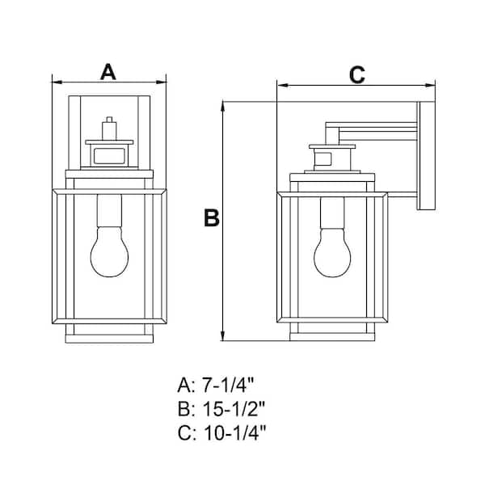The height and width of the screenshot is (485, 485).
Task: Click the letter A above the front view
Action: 108,71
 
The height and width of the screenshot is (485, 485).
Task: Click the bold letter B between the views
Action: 212,218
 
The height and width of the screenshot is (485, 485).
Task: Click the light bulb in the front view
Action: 109,250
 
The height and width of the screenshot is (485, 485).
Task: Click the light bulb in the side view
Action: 331,250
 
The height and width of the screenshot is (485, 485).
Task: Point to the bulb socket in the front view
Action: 109,212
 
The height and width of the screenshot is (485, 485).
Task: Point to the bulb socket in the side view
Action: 331,212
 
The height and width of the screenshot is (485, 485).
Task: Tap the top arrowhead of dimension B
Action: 221,106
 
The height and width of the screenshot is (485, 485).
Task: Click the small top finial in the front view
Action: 109,128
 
